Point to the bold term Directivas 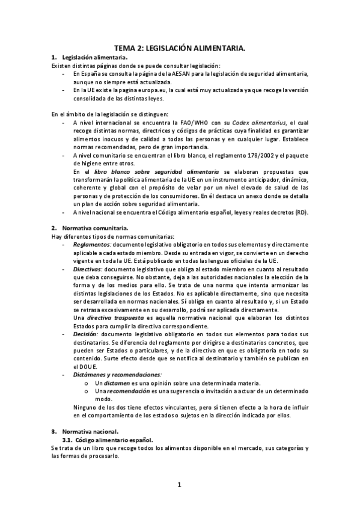tap(88, 270)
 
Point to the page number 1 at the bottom tap(179, 484)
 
